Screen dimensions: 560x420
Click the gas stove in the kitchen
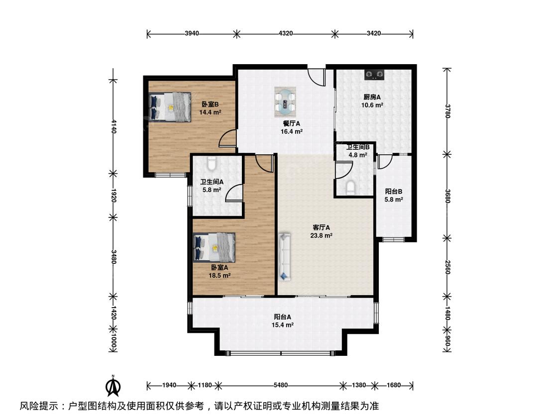click(374, 75)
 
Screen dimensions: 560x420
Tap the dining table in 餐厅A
click(285, 102)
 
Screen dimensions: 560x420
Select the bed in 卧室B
click(170, 107)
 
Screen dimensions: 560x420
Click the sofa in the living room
click(284, 256)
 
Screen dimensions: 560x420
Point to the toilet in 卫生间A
click(212, 164)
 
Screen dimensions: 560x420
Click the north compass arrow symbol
click(113, 386)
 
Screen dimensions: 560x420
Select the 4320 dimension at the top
click(285, 33)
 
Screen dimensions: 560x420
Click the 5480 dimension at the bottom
click(281, 385)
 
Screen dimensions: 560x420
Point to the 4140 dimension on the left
click(113, 126)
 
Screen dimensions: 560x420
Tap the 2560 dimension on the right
click(447, 267)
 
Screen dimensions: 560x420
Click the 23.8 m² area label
click(322, 236)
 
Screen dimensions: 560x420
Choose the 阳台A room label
click(283, 317)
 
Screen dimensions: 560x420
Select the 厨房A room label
click(372, 97)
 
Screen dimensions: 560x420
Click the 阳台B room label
click(394, 192)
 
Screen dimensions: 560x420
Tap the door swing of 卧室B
click(228, 138)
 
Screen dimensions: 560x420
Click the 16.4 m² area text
click(292, 131)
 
